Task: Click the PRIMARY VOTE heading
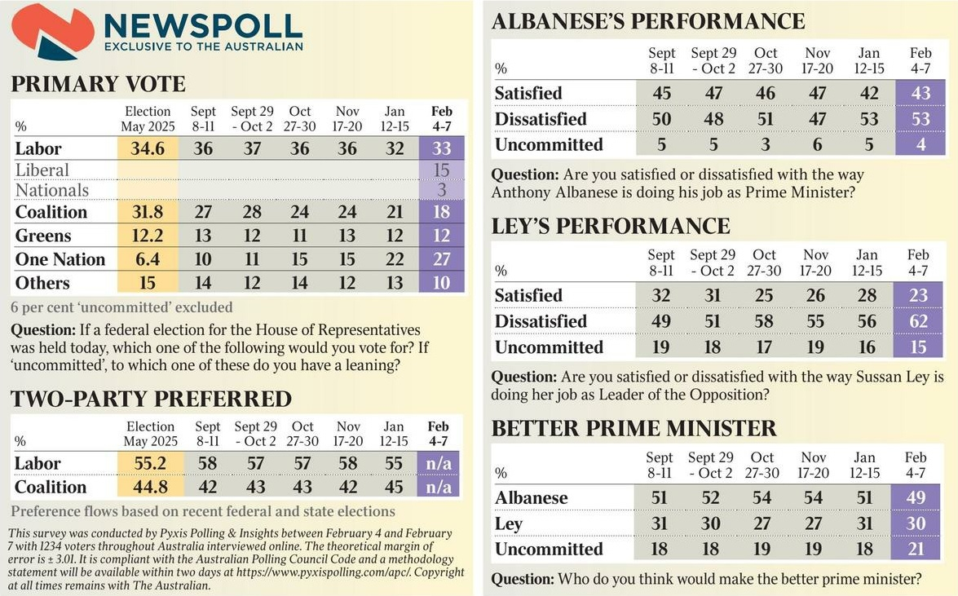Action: tap(98, 84)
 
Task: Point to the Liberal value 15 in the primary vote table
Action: tap(441, 170)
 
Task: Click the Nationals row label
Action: tap(52, 191)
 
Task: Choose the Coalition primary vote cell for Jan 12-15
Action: tap(394, 212)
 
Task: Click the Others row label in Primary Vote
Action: tap(42, 283)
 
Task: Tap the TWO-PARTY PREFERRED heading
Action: tap(151, 399)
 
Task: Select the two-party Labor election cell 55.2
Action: tap(151, 463)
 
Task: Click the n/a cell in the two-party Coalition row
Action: tap(438, 487)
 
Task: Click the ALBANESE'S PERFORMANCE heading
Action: tap(648, 21)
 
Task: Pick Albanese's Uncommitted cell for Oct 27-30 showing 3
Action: tap(766, 144)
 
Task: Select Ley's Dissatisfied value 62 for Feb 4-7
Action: tap(919, 321)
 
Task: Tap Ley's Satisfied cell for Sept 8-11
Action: tap(661, 295)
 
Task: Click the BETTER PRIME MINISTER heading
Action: tap(634, 428)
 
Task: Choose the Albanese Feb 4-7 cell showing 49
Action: tap(920, 497)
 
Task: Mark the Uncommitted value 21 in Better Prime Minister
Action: tap(920, 549)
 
